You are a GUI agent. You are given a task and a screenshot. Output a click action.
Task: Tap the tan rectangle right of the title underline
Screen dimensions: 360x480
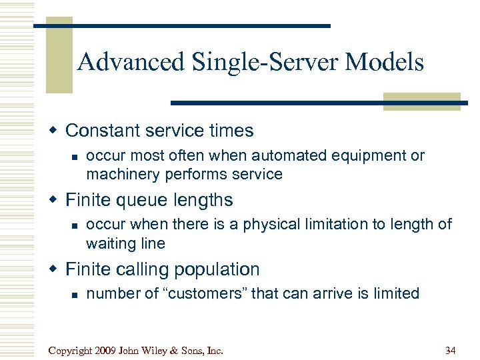pyautogui.click(x=421, y=101)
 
